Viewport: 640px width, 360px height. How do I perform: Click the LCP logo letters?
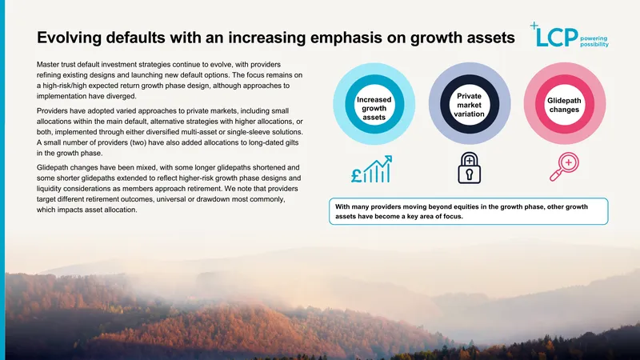(557, 37)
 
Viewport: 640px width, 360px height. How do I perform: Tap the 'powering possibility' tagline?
(594, 42)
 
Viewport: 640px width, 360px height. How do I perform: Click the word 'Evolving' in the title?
(69, 38)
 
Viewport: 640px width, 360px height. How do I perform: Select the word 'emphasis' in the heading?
(347, 38)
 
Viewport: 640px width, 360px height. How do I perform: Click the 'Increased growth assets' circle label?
(374, 108)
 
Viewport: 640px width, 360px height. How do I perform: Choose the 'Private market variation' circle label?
(469, 105)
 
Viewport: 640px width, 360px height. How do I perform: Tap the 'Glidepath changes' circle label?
(564, 105)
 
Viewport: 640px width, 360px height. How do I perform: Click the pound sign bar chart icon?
(371, 169)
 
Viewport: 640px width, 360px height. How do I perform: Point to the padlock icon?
(470, 168)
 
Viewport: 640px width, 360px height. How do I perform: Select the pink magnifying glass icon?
(564, 166)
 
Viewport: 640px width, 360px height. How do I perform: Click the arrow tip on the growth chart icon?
(390, 156)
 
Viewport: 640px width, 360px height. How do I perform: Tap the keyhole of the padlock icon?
(470, 174)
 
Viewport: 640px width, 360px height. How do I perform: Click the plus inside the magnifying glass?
(569, 162)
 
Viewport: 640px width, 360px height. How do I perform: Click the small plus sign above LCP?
(534, 26)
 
